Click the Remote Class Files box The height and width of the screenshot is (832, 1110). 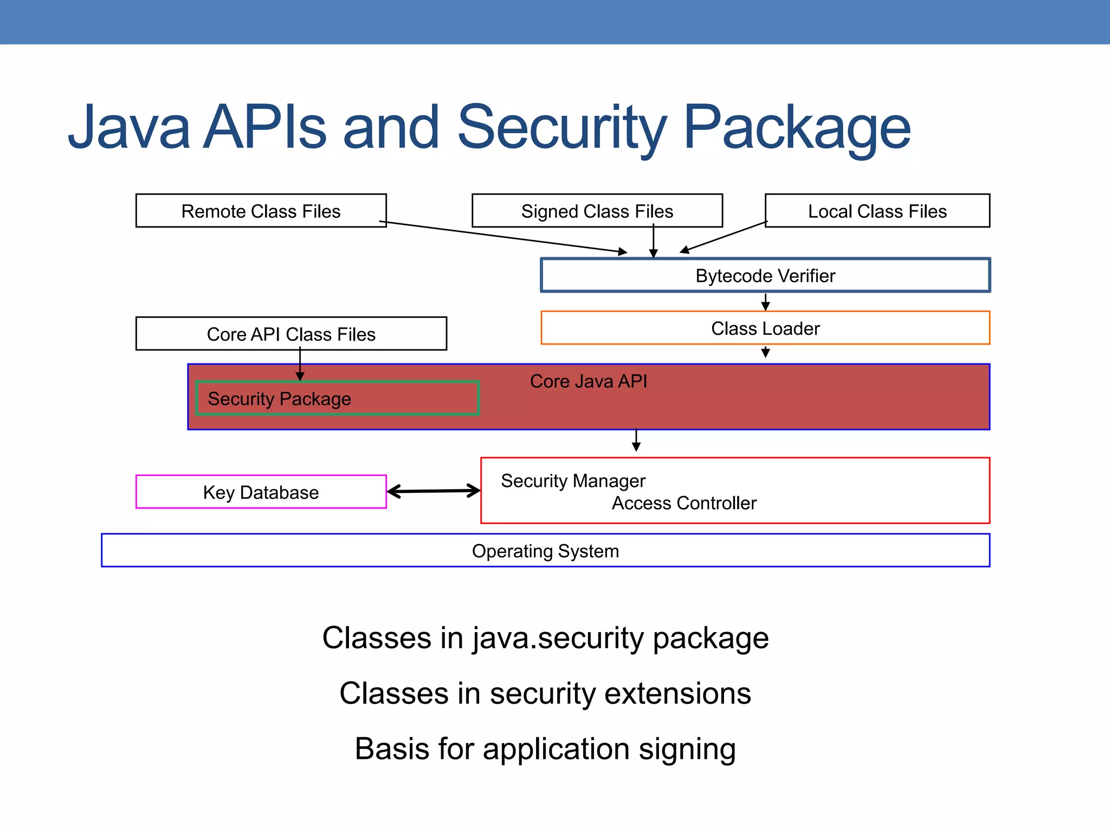click(261, 211)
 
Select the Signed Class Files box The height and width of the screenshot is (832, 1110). click(597, 211)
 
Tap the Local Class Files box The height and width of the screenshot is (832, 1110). click(877, 211)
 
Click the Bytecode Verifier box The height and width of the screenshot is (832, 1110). click(765, 276)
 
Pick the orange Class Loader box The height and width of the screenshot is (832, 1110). click(765, 328)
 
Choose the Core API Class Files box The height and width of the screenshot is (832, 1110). click(291, 334)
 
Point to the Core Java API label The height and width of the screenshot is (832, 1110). click(588, 381)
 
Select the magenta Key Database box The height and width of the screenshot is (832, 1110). click(261, 492)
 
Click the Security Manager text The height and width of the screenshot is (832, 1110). click(573, 481)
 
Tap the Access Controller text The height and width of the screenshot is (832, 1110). click(684, 503)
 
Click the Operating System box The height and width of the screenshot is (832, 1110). click(545, 551)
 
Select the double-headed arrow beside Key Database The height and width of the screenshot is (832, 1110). click(434, 491)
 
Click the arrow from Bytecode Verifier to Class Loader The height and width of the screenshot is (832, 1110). click(765, 302)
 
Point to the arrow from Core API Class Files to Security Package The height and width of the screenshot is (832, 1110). click(300, 365)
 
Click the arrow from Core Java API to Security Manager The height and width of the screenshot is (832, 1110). click(636, 440)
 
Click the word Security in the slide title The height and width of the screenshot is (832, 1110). click(562, 128)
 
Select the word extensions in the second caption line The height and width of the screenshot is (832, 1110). click(677, 693)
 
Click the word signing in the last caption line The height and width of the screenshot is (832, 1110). click(687, 749)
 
